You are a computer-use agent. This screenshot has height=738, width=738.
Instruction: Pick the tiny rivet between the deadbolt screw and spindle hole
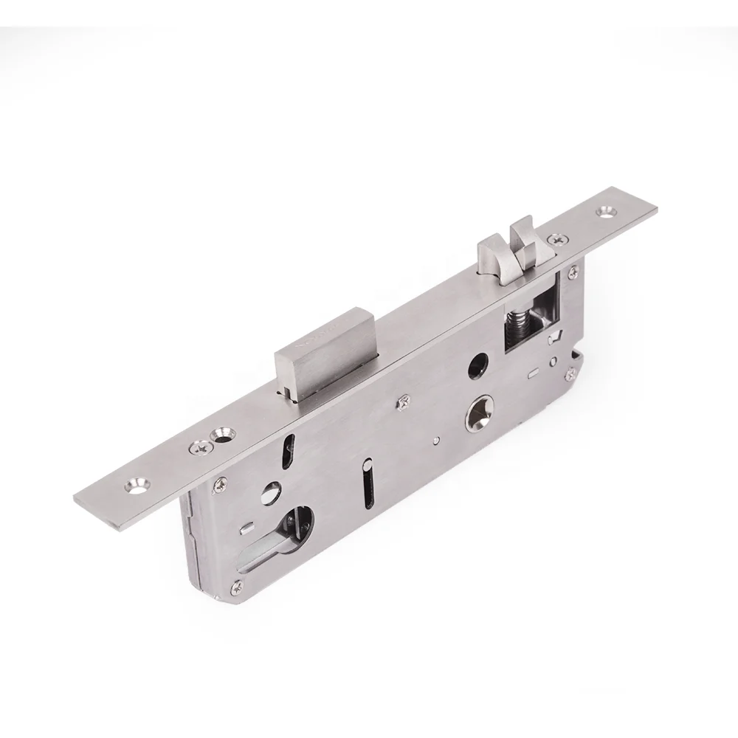click(x=437, y=443)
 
